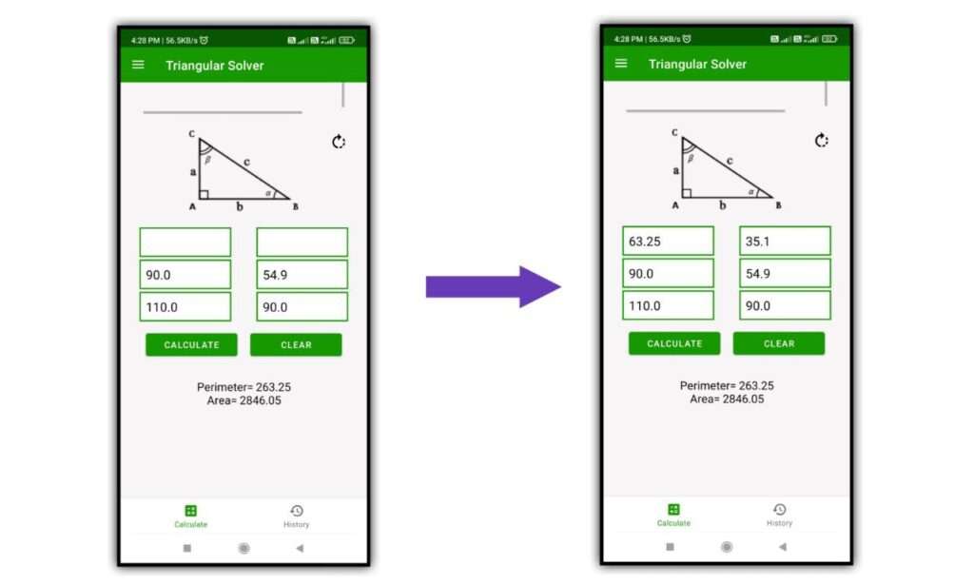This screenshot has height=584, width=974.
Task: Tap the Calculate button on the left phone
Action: click(x=191, y=345)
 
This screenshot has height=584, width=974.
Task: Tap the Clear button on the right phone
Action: click(x=778, y=343)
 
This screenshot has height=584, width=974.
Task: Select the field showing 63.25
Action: click(x=668, y=242)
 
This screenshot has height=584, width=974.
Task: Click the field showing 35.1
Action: click(x=785, y=242)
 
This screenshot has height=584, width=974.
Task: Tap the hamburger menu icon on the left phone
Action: click(x=139, y=65)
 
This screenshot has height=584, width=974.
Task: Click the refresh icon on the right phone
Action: click(x=822, y=141)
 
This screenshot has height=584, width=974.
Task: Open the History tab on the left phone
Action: click(x=296, y=516)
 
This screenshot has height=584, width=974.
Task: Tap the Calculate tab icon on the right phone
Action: click(x=673, y=510)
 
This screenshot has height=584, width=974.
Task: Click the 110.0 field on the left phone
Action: click(x=185, y=307)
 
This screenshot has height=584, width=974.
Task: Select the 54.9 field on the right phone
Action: click(x=785, y=274)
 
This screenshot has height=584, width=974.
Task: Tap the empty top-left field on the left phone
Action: click(x=185, y=243)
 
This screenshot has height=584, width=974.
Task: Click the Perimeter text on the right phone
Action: click(x=727, y=385)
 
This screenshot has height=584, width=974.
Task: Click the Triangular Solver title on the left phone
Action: click(x=215, y=66)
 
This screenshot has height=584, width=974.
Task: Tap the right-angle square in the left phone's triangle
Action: click(x=204, y=194)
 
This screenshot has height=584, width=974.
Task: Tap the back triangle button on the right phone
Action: click(x=782, y=547)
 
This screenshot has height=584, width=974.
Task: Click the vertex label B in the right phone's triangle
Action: click(x=779, y=205)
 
